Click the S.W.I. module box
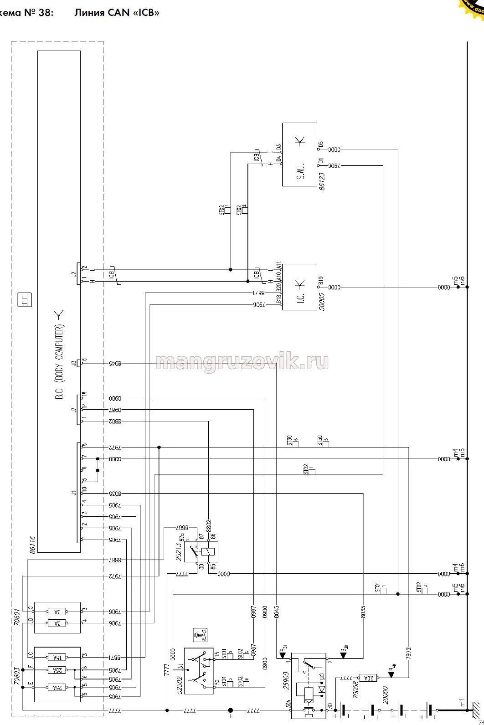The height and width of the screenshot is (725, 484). (299, 154)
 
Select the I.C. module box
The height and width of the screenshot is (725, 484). (299, 287)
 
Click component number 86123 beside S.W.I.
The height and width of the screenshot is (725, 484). (322, 180)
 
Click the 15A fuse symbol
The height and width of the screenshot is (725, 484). (57, 657)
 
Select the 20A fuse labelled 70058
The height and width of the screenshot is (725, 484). (366, 678)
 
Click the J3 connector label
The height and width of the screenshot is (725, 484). (74, 363)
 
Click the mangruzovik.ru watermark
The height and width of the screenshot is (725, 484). (242, 362)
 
